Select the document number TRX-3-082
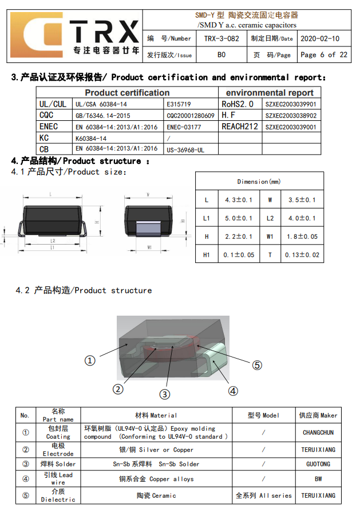(221, 39)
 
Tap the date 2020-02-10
(319, 39)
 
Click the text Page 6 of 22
(323, 55)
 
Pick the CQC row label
(46, 116)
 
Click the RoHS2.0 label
(237, 104)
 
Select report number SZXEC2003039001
(291, 127)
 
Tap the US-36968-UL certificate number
(185, 150)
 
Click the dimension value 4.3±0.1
(238, 200)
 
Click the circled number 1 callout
(90, 360)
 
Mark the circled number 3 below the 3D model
(164, 394)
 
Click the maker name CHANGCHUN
(318, 433)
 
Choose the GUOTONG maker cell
(318, 464)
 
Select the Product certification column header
(127, 93)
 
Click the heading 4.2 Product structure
(84, 290)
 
